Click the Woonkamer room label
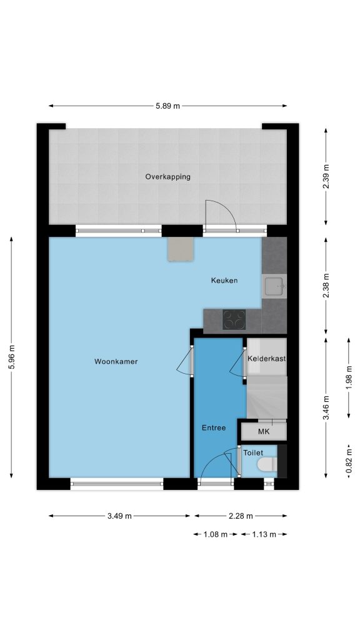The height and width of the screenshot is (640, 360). point(116,362)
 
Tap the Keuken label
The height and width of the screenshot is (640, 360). point(224,281)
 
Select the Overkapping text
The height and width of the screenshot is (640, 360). point(167,177)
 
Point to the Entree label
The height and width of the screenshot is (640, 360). point(214,428)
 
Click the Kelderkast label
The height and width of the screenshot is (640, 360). point(266,359)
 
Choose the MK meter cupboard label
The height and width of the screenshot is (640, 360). point(264,432)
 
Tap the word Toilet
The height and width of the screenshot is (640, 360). point(253,452)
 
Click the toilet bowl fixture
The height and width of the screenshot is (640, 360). point(268,464)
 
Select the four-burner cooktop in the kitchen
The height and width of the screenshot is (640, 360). point(234,319)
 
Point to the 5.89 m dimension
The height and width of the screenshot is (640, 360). point(167,106)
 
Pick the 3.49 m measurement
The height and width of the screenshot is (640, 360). point(119,516)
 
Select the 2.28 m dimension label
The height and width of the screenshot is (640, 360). point(241,516)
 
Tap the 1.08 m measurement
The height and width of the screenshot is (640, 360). point(215,534)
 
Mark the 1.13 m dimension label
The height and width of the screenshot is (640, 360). point(264,534)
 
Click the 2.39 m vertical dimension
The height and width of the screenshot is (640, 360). point(326,176)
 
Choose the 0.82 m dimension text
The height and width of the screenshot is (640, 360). point(349,461)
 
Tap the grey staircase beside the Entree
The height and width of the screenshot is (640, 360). point(267,397)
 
